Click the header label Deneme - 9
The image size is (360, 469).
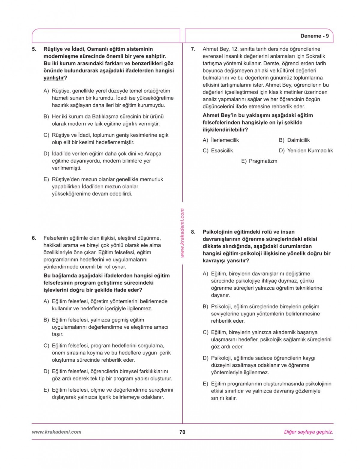[314, 36]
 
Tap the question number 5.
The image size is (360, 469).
[34, 49]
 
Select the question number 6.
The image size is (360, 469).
[34, 238]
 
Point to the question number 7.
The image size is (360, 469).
[193, 49]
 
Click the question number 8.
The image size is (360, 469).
[193, 232]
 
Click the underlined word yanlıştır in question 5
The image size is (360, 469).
[54, 78]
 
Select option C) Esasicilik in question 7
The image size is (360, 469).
[218, 151]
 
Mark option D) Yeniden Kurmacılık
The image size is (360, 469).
[306, 151]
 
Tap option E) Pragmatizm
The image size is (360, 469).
[259, 161]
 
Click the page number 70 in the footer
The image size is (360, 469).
[182, 432]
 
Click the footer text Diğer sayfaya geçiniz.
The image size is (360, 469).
[308, 432]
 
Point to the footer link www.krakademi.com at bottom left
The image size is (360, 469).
[56, 432]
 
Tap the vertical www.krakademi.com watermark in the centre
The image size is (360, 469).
[182, 233]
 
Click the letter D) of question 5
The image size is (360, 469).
[46, 154]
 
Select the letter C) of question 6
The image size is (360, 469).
[46, 346]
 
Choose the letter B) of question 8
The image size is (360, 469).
[205, 307]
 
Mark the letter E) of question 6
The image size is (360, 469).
[46, 390]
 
